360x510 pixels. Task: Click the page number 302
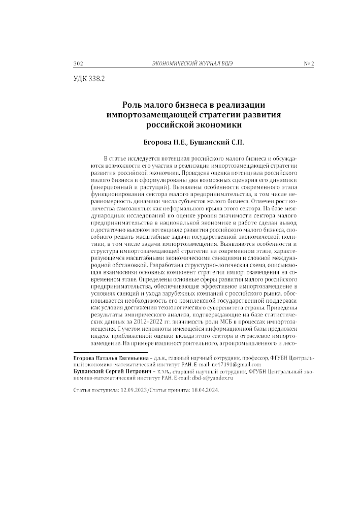[78, 63]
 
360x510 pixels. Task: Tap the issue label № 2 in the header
[309, 63]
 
